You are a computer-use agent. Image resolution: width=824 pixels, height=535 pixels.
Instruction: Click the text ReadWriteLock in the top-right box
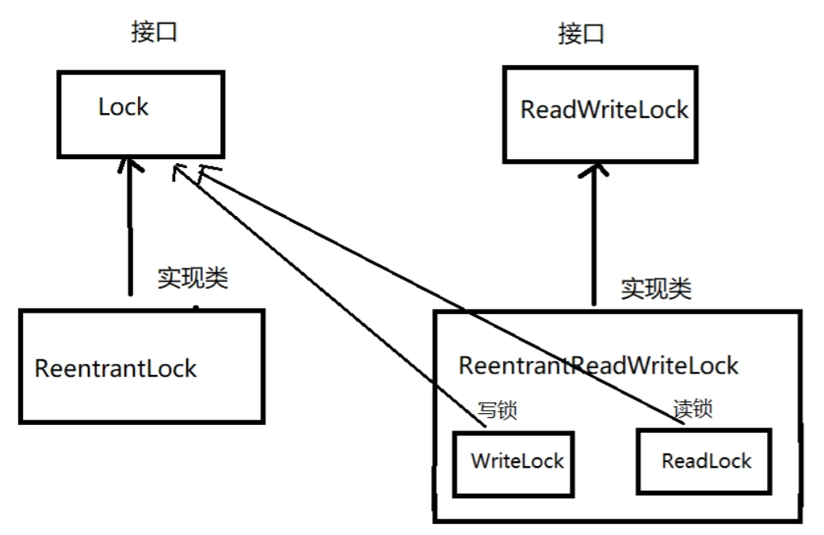605,110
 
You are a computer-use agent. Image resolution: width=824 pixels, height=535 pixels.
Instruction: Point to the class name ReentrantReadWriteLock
599,366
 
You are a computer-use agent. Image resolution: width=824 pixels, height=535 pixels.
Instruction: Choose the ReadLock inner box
704,460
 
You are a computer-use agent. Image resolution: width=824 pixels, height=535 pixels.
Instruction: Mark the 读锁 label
692,409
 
